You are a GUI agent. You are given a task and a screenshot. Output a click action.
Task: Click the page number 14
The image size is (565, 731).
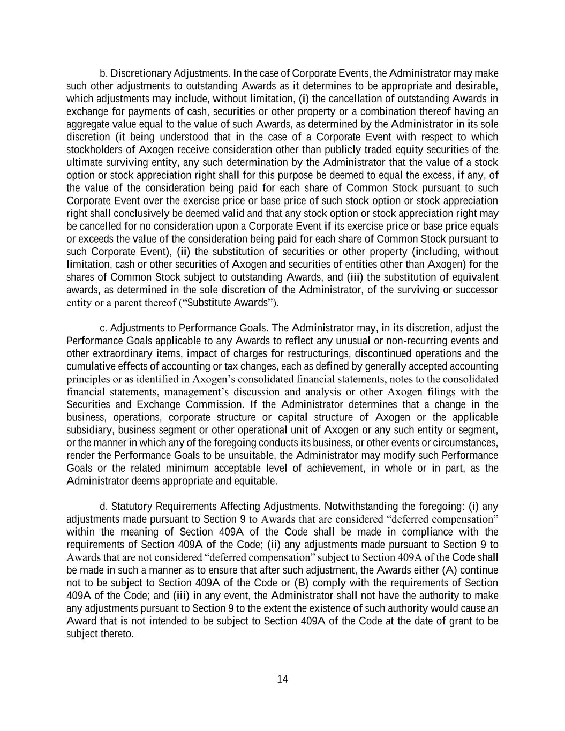(x=283, y=680)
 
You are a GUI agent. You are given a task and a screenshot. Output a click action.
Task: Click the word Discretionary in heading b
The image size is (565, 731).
(x=141, y=73)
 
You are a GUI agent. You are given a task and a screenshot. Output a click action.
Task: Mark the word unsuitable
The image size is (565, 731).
(x=255, y=455)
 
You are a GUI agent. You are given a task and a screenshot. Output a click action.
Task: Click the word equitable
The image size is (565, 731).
(x=257, y=481)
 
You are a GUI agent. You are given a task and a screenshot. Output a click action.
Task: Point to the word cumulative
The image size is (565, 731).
(x=86, y=366)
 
